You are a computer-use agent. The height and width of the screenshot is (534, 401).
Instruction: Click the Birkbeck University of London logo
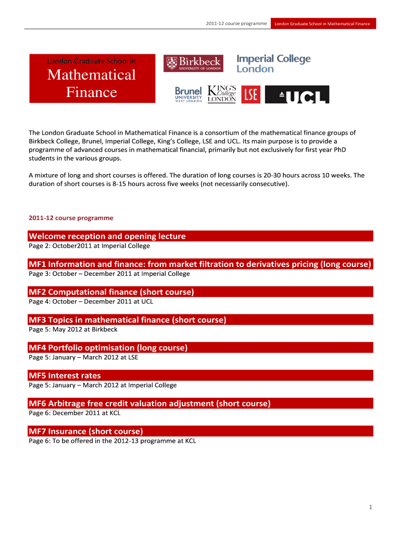click(193, 63)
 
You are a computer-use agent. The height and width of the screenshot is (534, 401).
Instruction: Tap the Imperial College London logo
click(273, 64)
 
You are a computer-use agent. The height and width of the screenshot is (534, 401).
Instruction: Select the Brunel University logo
click(189, 94)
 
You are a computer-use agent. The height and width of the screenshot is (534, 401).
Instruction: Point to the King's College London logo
click(222, 94)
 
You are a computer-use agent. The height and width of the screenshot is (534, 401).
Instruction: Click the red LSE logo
click(251, 94)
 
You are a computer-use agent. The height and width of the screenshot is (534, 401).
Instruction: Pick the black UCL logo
click(297, 94)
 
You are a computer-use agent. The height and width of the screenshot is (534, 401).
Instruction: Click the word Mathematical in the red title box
click(92, 75)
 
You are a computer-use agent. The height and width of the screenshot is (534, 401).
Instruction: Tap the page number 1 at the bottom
click(369, 507)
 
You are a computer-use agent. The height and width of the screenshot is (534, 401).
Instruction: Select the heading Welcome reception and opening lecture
click(107, 236)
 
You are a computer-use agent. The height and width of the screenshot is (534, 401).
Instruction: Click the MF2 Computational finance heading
click(111, 292)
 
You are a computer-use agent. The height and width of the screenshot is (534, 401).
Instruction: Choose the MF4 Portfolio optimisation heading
click(108, 348)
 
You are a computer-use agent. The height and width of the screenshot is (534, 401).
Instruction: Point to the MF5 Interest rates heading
click(65, 375)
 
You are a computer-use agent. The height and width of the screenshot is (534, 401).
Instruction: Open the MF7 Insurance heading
click(86, 431)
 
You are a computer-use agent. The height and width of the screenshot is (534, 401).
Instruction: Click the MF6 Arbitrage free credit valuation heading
click(150, 403)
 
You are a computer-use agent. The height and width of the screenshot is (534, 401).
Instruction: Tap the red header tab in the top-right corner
click(322, 23)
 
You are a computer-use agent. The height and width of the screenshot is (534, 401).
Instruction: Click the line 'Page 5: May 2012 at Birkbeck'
click(73, 330)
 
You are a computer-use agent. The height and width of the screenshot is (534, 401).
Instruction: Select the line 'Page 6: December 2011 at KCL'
click(74, 413)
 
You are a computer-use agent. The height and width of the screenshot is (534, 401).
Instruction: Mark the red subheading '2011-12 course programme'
click(71, 217)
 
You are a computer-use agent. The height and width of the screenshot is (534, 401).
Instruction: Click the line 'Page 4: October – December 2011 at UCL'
click(91, 301)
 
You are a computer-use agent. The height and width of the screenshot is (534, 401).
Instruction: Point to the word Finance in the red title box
click(92, 93)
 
